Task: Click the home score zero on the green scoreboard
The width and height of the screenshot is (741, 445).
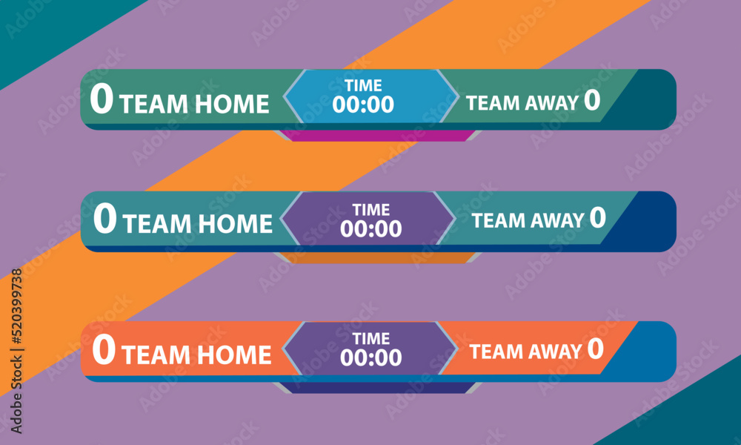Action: [102, 99]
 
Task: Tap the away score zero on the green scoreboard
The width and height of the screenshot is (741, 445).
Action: [592, 100]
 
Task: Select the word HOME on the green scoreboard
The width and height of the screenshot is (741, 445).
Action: [232, 104]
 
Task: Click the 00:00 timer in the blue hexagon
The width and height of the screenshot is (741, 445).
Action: [363, 105]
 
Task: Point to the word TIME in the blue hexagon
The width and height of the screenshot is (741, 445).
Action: [363, 85]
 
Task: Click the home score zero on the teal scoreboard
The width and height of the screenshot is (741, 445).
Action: [105, 218]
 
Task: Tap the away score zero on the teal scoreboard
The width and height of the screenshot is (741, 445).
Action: [598, 217]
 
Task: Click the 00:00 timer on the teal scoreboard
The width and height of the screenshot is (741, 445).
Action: [371, 229]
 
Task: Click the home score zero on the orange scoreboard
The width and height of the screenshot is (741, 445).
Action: [104, 349]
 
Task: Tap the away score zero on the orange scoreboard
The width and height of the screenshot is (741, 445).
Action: [596, 349]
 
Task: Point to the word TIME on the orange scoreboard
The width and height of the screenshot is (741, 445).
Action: [371, 339]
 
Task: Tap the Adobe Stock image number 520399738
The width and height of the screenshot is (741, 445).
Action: [16, 306]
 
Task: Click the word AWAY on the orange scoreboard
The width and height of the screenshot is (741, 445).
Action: [555, 352]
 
